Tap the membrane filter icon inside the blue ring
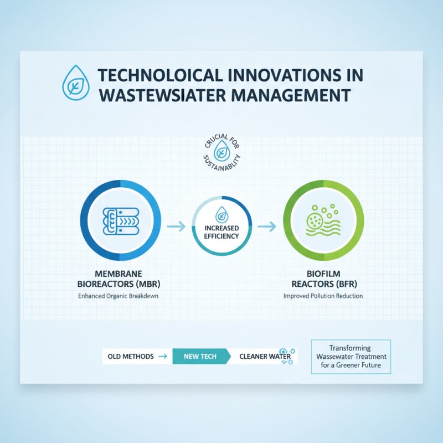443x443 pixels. tap(121, 219)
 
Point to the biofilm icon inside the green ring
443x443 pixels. tap(323, 220)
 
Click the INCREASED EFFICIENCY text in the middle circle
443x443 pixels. tap(221, 232)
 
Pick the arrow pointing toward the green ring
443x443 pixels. tap(267, 226)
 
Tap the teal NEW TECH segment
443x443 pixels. tap(200, 357)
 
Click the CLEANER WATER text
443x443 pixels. tap(264, 357)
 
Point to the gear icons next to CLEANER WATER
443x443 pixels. tap(287, 357)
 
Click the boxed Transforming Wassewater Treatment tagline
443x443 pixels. tap(351, 357)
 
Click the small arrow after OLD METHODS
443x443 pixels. tap(162, 357)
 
